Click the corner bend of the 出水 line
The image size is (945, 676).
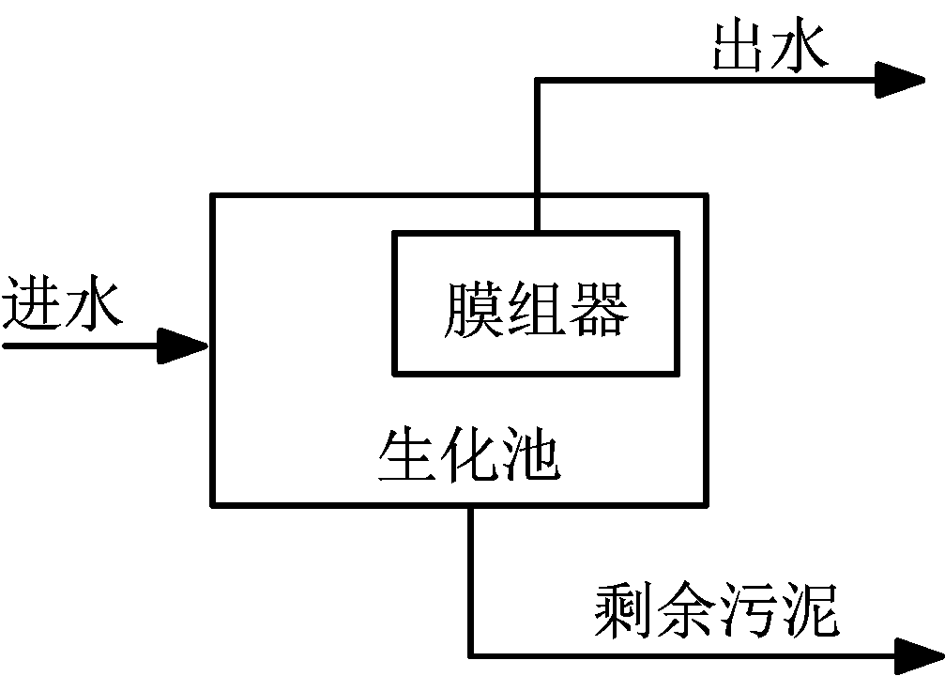[x=537, y=81]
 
